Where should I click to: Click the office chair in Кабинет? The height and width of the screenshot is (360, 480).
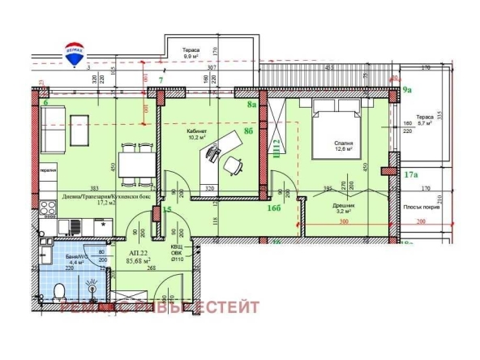(233, 165)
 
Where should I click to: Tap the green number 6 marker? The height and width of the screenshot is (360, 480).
(45, 104)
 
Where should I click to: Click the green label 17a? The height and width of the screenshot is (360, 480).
(410, 174)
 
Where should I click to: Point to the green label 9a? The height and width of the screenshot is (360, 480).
(408, 92)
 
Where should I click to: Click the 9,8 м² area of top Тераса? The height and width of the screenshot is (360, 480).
(191, 56)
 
